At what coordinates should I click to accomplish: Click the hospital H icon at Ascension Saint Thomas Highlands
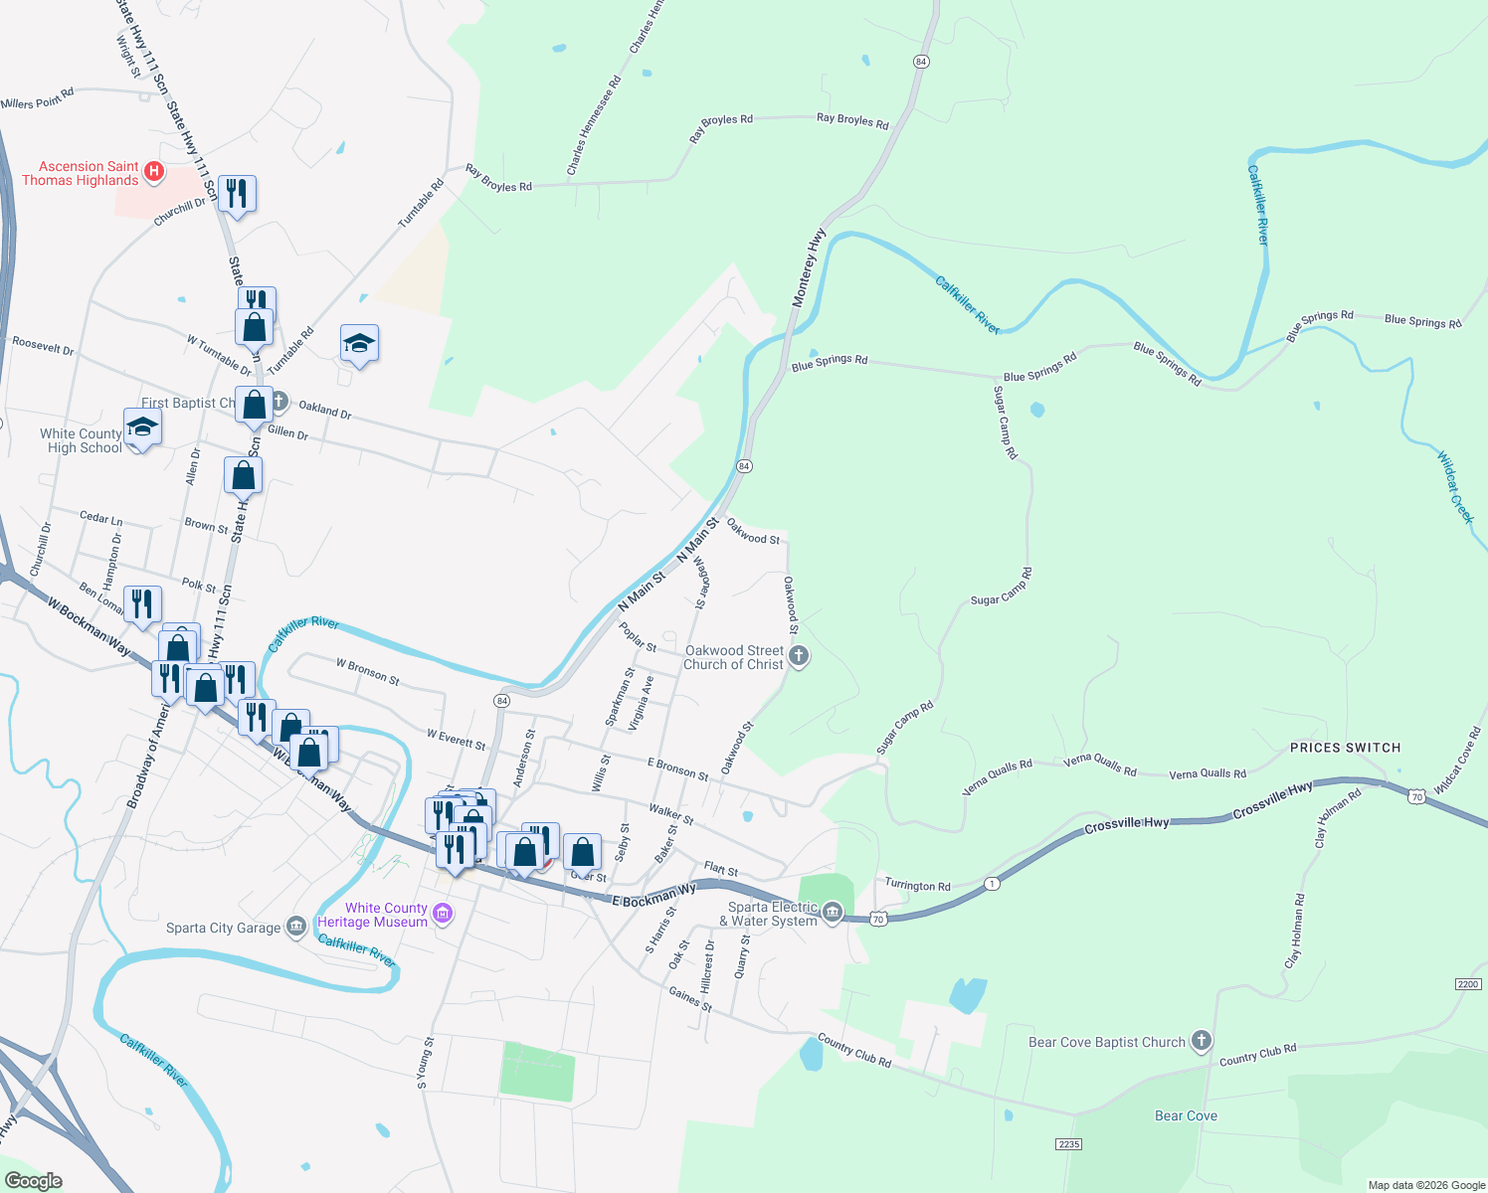tap(154, 172)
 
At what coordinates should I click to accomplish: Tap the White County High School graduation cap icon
tap(142, 427)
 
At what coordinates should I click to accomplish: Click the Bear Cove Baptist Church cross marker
tap(1202, 1041)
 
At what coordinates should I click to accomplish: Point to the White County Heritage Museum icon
tap(443, 914)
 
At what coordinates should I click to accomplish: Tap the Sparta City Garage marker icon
tap(296, 927)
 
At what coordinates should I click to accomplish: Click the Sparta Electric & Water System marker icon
tap(833, 912)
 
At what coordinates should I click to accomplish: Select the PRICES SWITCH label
tap(1345, 748)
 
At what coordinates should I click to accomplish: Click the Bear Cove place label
tap(1186, 1115)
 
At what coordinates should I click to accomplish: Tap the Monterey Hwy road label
tap(809, 267)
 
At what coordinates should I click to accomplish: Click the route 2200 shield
tap(1468, 984)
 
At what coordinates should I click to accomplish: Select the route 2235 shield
tap(1068, 1144)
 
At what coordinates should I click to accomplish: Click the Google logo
tap(34, 1180)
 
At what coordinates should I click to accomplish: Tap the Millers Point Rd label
tap(38, 99)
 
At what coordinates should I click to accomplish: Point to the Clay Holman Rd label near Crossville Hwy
tap(1337, 818)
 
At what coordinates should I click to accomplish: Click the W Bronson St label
tap(367, 672)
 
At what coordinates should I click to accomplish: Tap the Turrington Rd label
tap(917, 886)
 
